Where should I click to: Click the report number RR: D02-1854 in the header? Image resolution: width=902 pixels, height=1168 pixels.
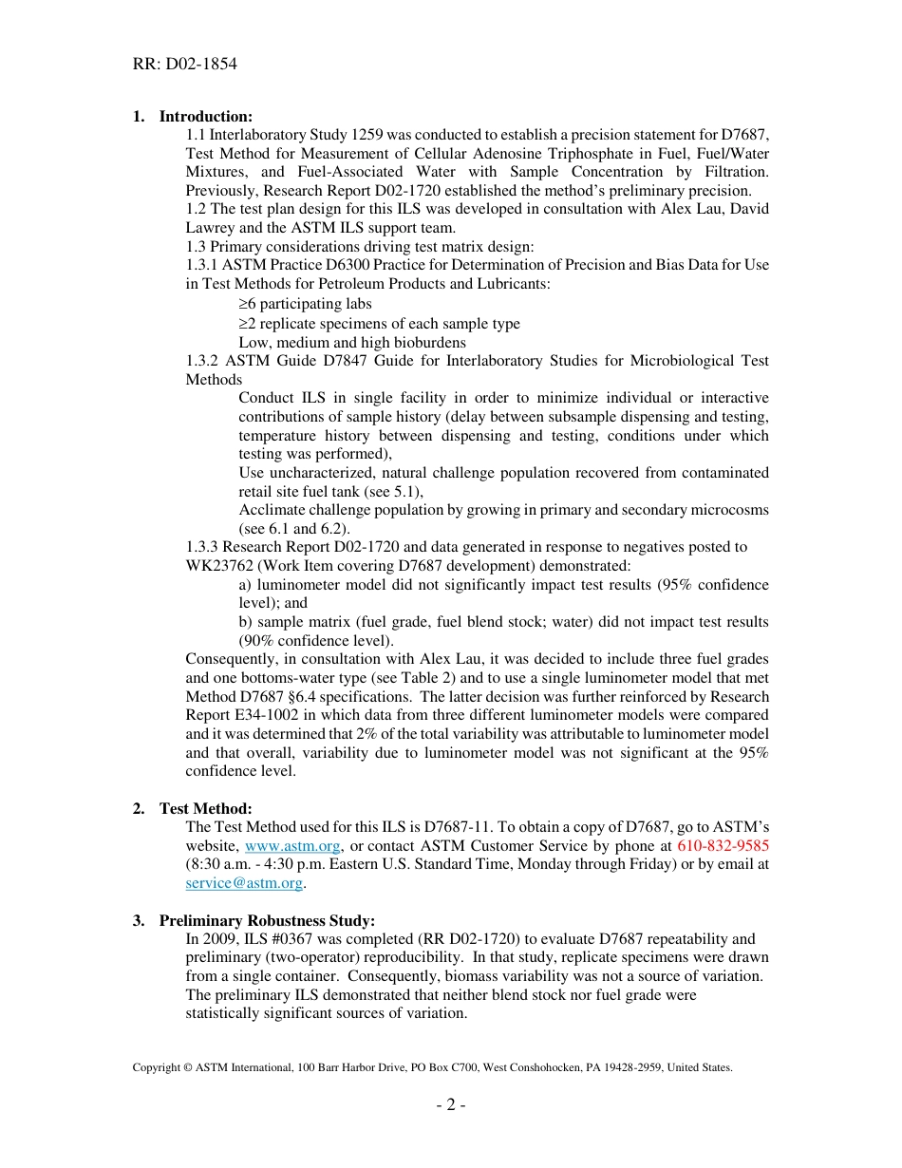pyautogui.click(x=184, y=65)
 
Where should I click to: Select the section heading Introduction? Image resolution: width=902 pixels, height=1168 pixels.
pyautogui.click(x=205, y=117)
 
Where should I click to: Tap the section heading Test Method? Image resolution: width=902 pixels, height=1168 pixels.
pyautogui.click(x=205, y=808)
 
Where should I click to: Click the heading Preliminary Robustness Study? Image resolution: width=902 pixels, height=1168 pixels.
pyautogui.click(x=267, y=920)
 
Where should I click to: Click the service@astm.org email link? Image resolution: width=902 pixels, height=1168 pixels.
pyautogui.click(x=244, y=883)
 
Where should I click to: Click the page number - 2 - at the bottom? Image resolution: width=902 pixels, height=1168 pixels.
pyautogui.click(x=450, y=1105)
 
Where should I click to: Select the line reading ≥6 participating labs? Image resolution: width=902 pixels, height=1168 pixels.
pyautogui.click(x=305, y=304)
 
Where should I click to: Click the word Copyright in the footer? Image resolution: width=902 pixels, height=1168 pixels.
pyautogui.click(x=156, y=1067)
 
